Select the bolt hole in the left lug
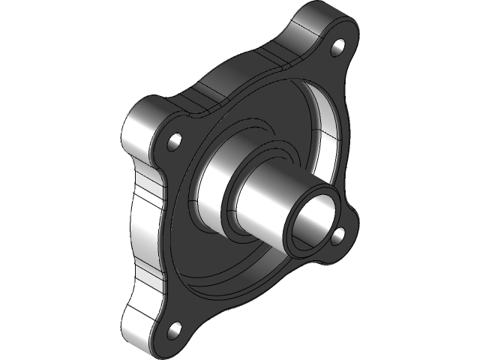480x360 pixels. (x=175, y=140)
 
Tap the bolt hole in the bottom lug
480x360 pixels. (x=175, y=328)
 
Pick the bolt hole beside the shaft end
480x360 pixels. (x=337, y=235)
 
